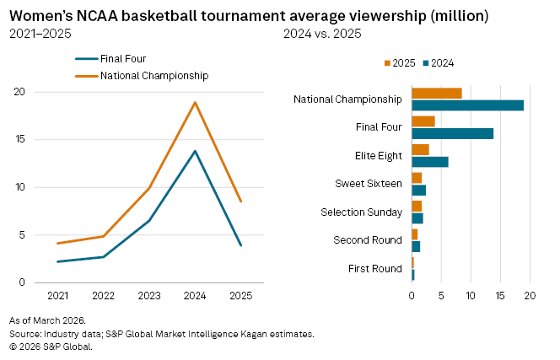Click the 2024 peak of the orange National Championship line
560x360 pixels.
(196, 103)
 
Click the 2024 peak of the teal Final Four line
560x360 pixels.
(196, 151)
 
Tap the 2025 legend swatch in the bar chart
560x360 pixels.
(388, 63)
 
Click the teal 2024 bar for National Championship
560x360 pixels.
(467, 105)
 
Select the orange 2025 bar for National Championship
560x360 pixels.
(436, 94)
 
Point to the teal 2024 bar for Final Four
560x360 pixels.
(452, 133)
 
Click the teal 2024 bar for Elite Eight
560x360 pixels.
(429, 162)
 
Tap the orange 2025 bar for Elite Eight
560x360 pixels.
(420, 150)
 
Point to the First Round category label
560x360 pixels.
(374, 268)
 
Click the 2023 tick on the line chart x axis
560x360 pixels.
(149, 296)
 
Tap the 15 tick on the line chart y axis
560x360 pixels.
(19, 139)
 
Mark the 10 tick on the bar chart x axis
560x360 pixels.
(471, 296)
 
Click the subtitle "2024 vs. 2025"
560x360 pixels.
(323, 34)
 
